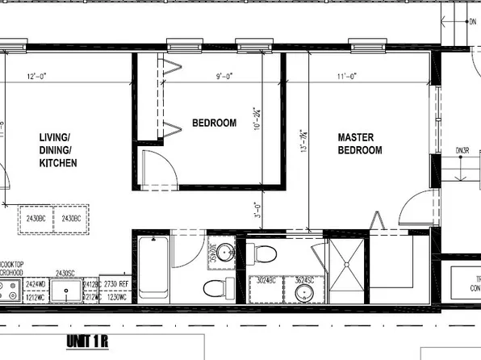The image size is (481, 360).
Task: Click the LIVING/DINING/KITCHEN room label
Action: [58, 150]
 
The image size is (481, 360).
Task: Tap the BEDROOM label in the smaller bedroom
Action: [214, 123]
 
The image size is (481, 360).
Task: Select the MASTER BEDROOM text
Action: [359, 144]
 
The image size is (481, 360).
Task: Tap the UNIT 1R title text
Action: [88, 341]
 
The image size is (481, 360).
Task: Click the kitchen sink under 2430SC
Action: [66, 291]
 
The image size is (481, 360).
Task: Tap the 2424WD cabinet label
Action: [35, 285]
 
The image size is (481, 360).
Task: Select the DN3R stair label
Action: [462, 150]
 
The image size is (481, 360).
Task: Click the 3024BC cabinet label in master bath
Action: [266, 281]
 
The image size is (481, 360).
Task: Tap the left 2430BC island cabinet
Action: [36, 219]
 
